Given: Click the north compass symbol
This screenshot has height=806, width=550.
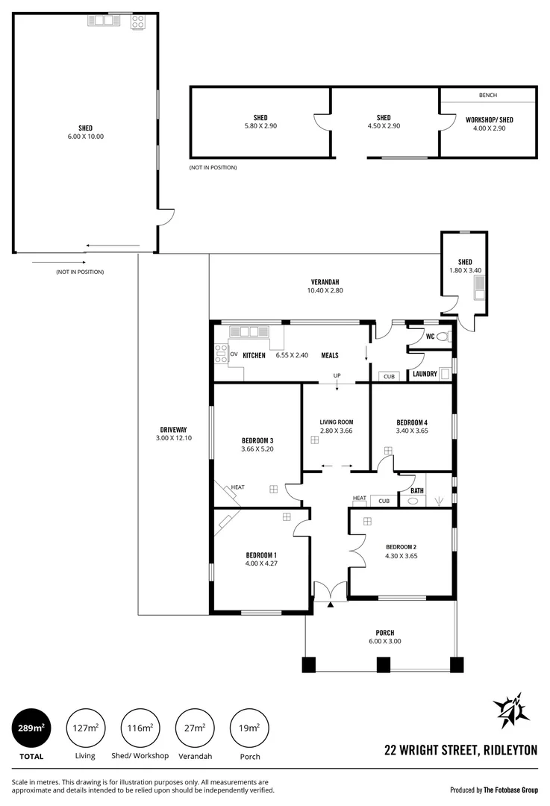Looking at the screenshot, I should pos(511,712).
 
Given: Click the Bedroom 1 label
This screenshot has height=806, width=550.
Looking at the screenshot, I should pos(261,555).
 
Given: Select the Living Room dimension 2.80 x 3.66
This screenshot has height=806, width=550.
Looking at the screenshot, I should pos(335,431).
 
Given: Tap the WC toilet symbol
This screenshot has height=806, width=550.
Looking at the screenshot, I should pos(443,337).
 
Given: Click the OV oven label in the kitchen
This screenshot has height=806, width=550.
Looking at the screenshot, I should pos(234,354).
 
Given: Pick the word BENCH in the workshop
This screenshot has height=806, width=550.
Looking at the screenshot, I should pos(487,96).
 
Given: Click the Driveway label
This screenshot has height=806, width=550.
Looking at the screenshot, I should pos(173,429).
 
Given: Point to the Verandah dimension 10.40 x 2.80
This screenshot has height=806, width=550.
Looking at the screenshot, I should pos(325,290).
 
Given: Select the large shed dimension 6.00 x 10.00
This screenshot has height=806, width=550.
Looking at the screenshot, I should pos(85,137).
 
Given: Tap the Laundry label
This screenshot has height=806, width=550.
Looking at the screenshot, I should pos(425,374).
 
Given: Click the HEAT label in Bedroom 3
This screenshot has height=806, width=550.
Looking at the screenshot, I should pos(237,487).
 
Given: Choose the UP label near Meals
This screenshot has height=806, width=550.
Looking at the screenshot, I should pos(337,375).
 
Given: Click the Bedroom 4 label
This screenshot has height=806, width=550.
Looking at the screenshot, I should pos(411,422).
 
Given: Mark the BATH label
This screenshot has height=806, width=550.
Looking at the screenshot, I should pos(416,490).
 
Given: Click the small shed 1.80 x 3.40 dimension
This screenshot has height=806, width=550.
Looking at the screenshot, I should pos(465,270).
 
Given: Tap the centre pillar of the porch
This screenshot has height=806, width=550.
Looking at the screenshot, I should pos(383,664).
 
